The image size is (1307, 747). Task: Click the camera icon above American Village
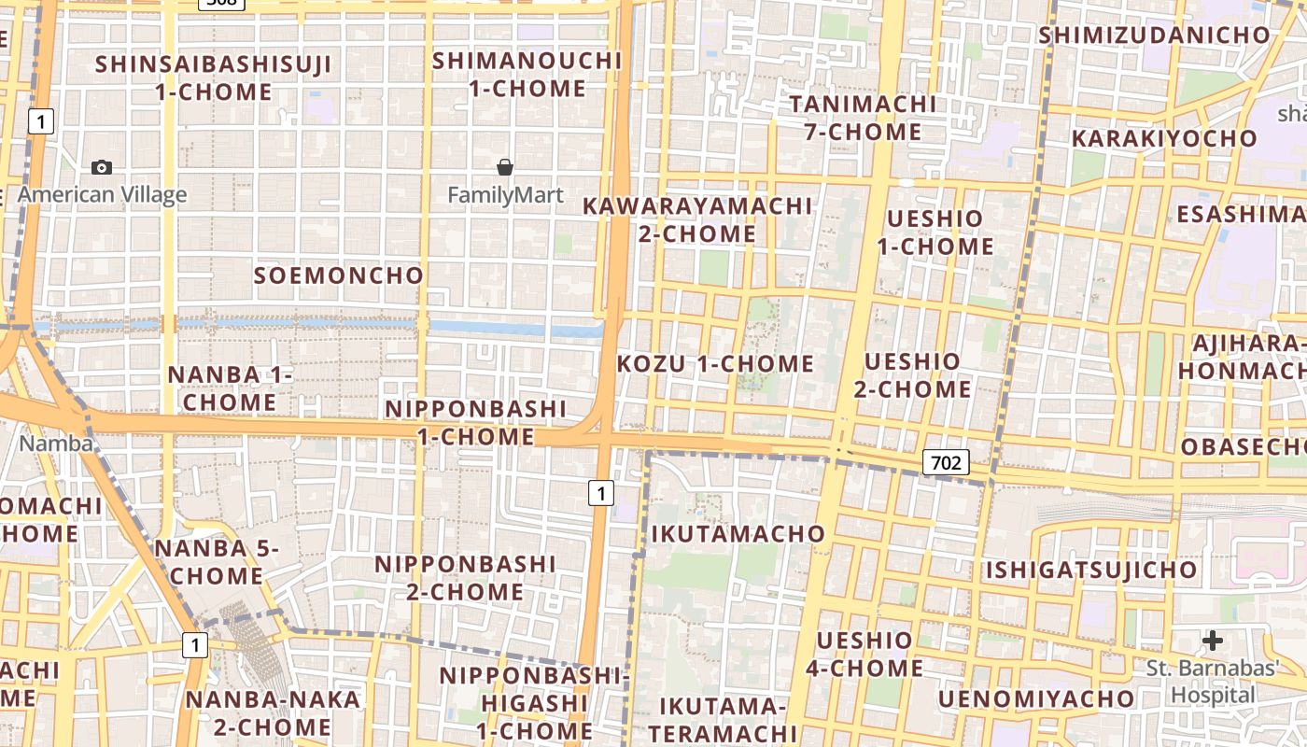click(102, 167)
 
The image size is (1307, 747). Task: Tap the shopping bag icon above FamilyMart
click(505, 167)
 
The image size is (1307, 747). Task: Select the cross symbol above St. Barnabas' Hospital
click(1212, 641)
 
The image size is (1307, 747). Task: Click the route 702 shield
click(946, 461)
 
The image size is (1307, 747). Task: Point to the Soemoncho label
click(339, 275)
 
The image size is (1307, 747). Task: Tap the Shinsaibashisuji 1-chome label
click(213, 78)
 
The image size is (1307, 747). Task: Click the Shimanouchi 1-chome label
click(527, 75)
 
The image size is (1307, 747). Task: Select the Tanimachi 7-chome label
click(863, 118)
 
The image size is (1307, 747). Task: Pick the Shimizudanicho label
click(1155, 35)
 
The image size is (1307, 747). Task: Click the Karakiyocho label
click(1164, 138)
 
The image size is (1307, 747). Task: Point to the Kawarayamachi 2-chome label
click(697, 219)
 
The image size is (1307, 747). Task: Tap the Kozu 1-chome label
click(716, 364)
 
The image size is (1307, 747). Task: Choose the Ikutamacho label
click(738, 534)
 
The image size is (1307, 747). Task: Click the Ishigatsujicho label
click(1091, 570)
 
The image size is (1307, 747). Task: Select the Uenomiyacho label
click(1036, 698)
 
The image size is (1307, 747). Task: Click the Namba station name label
click(56, 444)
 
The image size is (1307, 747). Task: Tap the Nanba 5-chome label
click(217, 562)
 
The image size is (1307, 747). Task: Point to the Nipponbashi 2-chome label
click(465, 578)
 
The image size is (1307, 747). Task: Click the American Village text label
click(102, 194)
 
